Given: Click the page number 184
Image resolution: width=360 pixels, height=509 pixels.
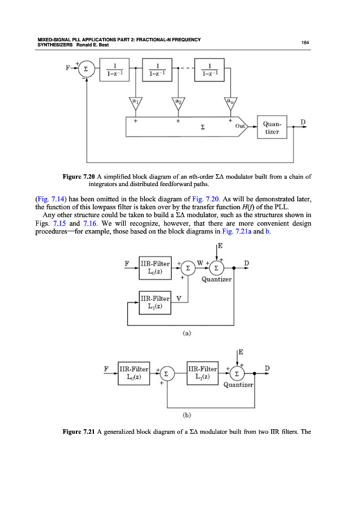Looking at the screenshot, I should point(304,42).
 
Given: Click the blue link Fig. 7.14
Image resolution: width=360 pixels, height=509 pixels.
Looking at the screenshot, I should point(41,199).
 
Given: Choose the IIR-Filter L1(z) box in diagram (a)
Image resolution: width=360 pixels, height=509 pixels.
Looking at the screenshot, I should point(155,302).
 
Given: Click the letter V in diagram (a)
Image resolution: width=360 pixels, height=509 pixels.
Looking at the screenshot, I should point(178,298).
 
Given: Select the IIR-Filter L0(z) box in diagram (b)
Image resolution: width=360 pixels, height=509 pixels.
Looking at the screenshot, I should point(134,374).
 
